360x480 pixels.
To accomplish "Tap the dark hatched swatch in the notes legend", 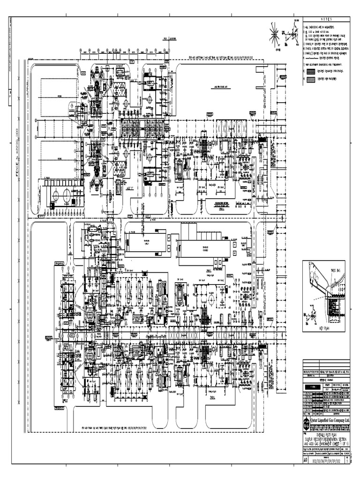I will click(x=310, y=71).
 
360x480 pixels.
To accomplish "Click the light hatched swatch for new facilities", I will click(x=310, y=80).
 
